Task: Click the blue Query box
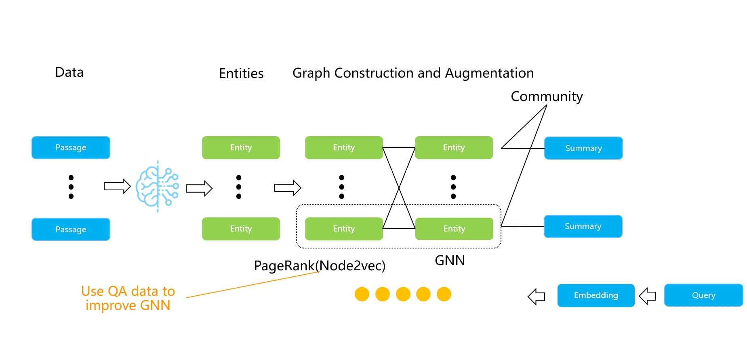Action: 703,295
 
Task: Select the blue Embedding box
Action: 596,295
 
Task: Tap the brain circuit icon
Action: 157,186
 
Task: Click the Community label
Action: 547,97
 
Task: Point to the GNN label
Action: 450,261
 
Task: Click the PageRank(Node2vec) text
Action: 320,265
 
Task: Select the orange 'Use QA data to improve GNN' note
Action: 128,298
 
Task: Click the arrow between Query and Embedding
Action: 648,296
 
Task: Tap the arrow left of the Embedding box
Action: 537,297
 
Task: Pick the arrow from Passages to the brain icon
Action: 117,186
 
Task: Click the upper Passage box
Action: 71,147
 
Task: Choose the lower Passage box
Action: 71,229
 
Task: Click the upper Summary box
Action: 583,148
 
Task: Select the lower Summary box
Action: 583,226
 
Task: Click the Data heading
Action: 69,72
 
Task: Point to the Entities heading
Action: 241,74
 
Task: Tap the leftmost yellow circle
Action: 362,294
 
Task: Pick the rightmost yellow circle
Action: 444,294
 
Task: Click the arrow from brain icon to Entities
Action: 199,188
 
